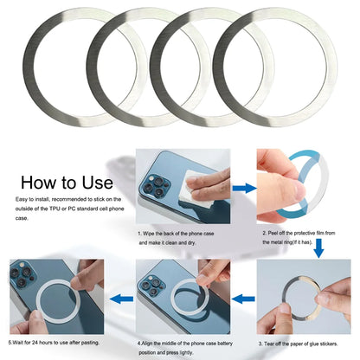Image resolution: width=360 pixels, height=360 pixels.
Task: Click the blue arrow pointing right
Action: click(244, 187)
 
